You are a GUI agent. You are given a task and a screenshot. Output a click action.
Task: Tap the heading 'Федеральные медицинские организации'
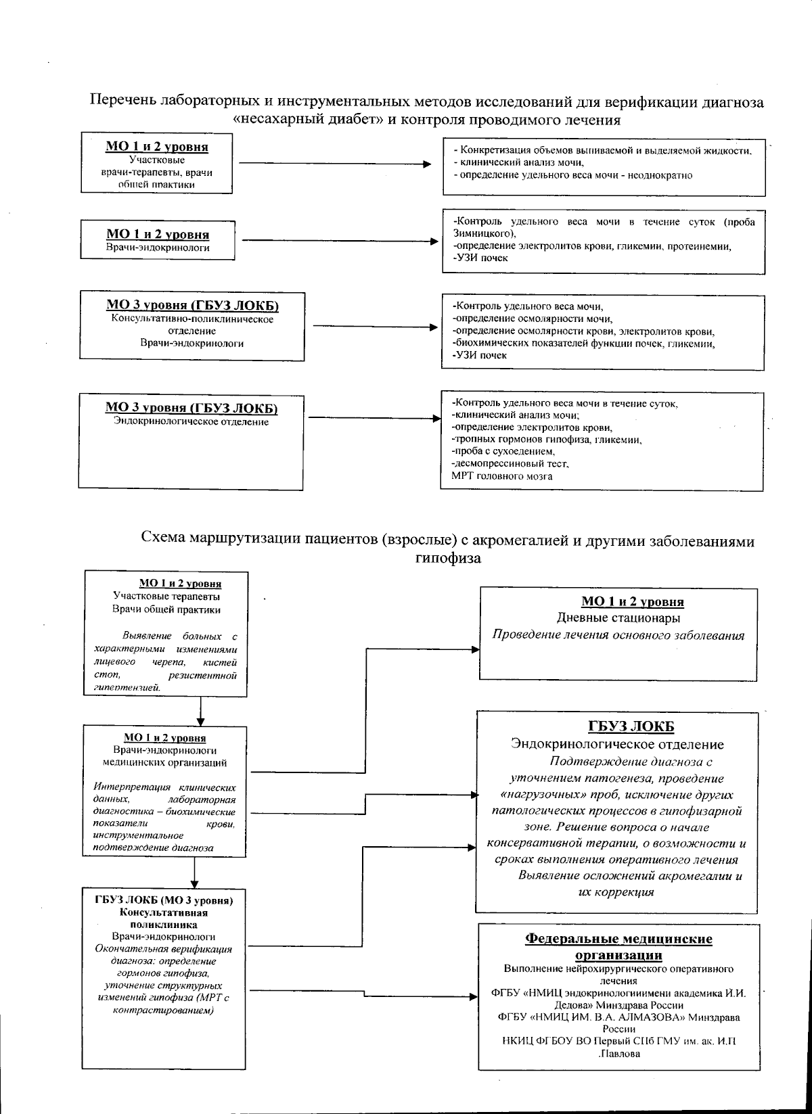(618, 947)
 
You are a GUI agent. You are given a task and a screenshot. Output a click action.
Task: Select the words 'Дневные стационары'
(618, 618)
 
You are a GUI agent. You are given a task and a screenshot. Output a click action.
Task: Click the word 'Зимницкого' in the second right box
(482, 233)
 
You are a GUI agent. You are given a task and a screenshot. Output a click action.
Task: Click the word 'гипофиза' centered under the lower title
(447, 559)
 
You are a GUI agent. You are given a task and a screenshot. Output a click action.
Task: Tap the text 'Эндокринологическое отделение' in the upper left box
(191, 422)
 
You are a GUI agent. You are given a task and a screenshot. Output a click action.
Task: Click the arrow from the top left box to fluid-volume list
(335, 164)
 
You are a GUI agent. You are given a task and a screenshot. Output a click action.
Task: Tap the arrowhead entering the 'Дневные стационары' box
(475, 650)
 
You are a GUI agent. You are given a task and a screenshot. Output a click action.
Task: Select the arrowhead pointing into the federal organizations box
(474, 996)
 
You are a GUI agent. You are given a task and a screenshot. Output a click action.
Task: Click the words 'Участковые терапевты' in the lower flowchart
(166, 597)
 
